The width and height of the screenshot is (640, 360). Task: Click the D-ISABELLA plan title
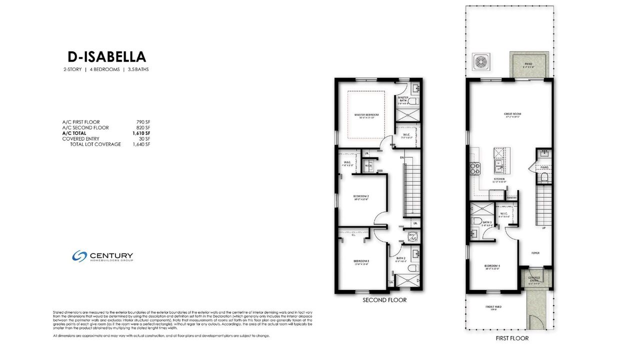106,56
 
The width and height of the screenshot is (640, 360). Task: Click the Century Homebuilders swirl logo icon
79,256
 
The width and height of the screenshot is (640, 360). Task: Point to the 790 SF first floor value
143,122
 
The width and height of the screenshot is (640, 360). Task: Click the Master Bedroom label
366,115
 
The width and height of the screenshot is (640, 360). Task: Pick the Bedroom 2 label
361,196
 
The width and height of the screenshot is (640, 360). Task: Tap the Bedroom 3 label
361,261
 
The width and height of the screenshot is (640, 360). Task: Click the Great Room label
512,114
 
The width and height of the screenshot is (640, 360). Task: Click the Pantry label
511,197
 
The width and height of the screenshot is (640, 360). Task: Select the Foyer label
535,253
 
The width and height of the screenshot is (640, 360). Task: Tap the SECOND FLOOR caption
384,300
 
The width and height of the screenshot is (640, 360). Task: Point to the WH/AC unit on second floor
412,236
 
